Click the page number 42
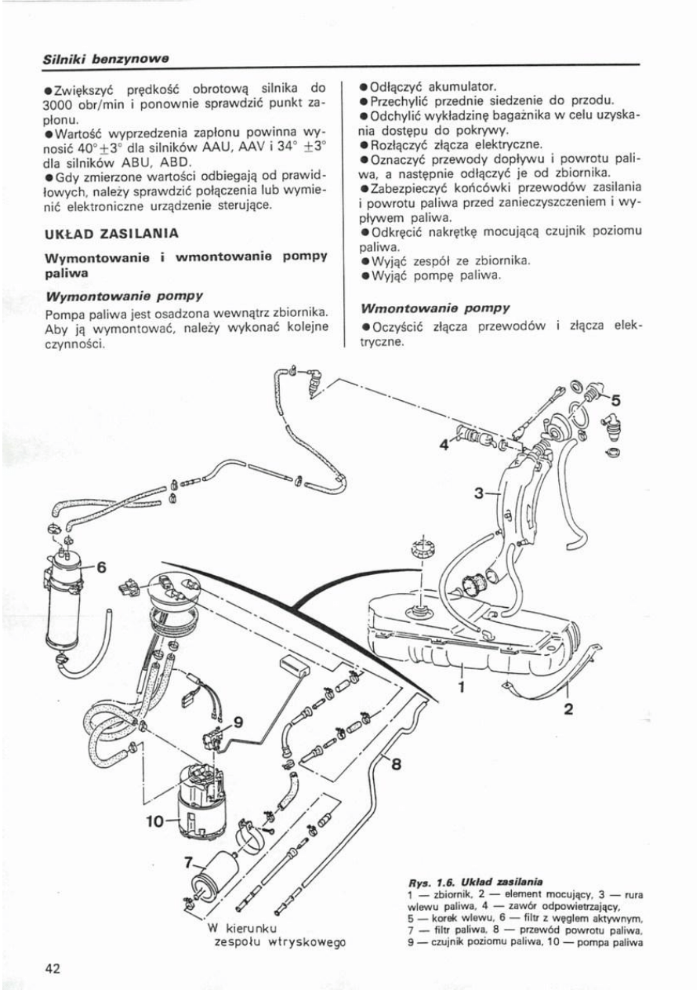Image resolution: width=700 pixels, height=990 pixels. pos(53,968)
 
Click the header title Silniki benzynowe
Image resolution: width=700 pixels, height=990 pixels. pos(107,59)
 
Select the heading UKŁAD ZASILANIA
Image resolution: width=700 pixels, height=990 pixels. pos(111,233)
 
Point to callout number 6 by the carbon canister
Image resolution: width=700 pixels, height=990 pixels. pos(101,566)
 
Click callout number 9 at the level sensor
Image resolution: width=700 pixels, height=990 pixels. pos(239,721)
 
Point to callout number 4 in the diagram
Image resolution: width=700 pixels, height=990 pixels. pos(444,444)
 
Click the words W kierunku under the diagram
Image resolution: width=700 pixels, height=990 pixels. pos(240,928)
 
